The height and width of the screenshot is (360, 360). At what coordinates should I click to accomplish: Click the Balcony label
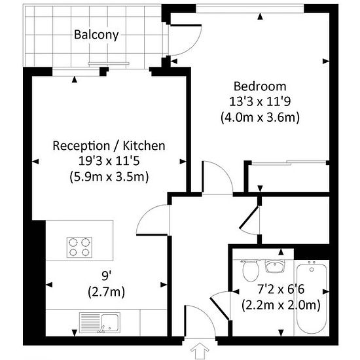(96, 35)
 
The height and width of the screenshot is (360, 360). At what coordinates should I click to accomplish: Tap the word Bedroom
(260, 86)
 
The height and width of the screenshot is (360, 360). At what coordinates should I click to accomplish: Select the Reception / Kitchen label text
(109, 146)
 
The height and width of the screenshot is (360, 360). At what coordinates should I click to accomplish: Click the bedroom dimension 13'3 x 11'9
(260, 101)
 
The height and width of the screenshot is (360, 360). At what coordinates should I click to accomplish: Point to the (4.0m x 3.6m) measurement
(260, 117)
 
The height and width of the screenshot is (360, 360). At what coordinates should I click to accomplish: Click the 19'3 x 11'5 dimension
(109, 161)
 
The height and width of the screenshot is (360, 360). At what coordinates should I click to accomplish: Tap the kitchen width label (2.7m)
(107, 292)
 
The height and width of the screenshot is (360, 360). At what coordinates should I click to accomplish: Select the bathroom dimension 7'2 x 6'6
(281, 289)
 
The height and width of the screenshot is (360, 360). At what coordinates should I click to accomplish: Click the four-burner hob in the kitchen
(79, 247)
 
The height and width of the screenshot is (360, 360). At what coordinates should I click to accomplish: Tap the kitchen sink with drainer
(99, 323)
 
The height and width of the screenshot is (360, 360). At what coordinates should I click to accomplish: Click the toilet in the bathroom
(251, 271)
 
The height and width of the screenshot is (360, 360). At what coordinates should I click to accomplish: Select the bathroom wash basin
(275, 266)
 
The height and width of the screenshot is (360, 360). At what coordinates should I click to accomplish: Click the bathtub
(312, 299)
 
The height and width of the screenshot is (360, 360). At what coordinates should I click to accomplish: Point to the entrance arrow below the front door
(200, 351)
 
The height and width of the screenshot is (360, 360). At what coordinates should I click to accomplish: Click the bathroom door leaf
(220, 308)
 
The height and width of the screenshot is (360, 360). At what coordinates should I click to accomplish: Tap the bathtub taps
(312, 262)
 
